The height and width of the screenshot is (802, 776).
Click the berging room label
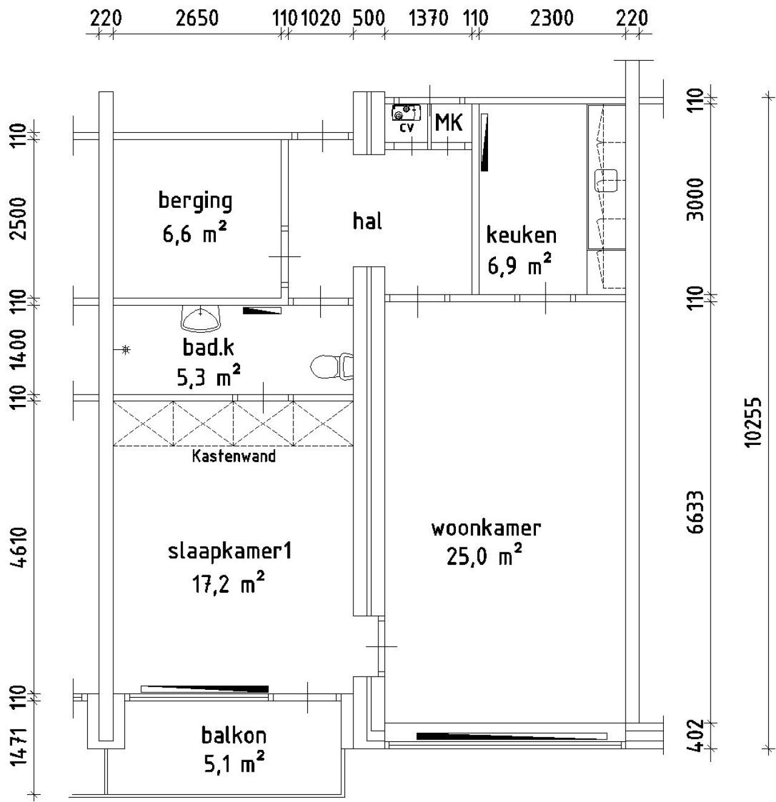tap(195, 201)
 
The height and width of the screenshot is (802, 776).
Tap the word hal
tap(367, 221)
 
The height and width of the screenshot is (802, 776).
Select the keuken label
tap(521, 235)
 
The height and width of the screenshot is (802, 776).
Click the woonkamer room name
tap(486, 529)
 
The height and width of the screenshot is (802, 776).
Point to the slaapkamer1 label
tap(230, 552)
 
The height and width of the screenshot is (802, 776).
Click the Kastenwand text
tap(233, 456)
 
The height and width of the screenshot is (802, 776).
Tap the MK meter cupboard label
tap(449, 122)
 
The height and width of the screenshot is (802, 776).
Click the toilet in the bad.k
tap(332, 366)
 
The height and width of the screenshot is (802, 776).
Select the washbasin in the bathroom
tap(201, 319)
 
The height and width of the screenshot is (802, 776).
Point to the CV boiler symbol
tap(406, 112)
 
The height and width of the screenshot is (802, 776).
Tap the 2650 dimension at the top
tap(197, 19)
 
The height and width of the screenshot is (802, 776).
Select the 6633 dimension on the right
tap(696, 512)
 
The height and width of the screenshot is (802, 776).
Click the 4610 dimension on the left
tap(19, 547)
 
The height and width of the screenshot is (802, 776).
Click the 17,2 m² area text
tap(228, 583)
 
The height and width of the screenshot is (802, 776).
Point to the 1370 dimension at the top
tap(428, 19)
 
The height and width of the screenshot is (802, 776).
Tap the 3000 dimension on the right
tap(696, 199)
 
